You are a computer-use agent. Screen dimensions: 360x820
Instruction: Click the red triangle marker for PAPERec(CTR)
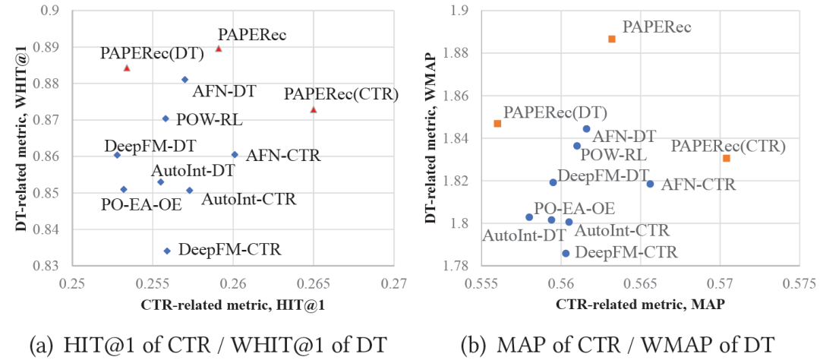314,109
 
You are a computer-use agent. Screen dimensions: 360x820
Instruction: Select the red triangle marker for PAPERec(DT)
127,68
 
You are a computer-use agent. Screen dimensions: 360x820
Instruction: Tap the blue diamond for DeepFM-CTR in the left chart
167,251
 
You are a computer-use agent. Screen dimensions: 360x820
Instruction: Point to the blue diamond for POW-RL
166,118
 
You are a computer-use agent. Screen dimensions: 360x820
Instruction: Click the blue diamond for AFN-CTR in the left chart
235,154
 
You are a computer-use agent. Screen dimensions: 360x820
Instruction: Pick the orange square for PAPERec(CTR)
727,158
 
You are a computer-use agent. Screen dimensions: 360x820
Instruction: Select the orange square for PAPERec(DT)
497,123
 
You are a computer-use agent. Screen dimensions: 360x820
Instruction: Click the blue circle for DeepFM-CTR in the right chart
566,253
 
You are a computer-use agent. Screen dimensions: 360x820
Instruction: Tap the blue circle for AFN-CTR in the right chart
650,184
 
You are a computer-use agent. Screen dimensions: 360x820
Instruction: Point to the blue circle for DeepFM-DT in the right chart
553,182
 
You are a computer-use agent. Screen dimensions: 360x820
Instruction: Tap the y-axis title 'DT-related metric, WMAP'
432,137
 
